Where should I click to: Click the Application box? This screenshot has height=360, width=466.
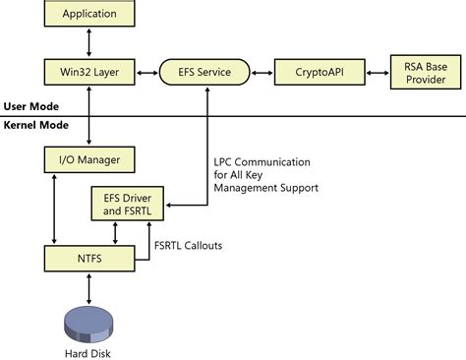89,14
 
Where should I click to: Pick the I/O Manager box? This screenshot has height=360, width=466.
89,158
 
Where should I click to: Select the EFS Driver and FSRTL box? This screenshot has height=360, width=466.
128,204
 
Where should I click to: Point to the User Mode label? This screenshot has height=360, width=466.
32,105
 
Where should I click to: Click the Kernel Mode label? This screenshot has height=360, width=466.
36,126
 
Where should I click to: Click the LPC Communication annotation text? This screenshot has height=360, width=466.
261,174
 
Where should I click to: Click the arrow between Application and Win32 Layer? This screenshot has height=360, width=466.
89,42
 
